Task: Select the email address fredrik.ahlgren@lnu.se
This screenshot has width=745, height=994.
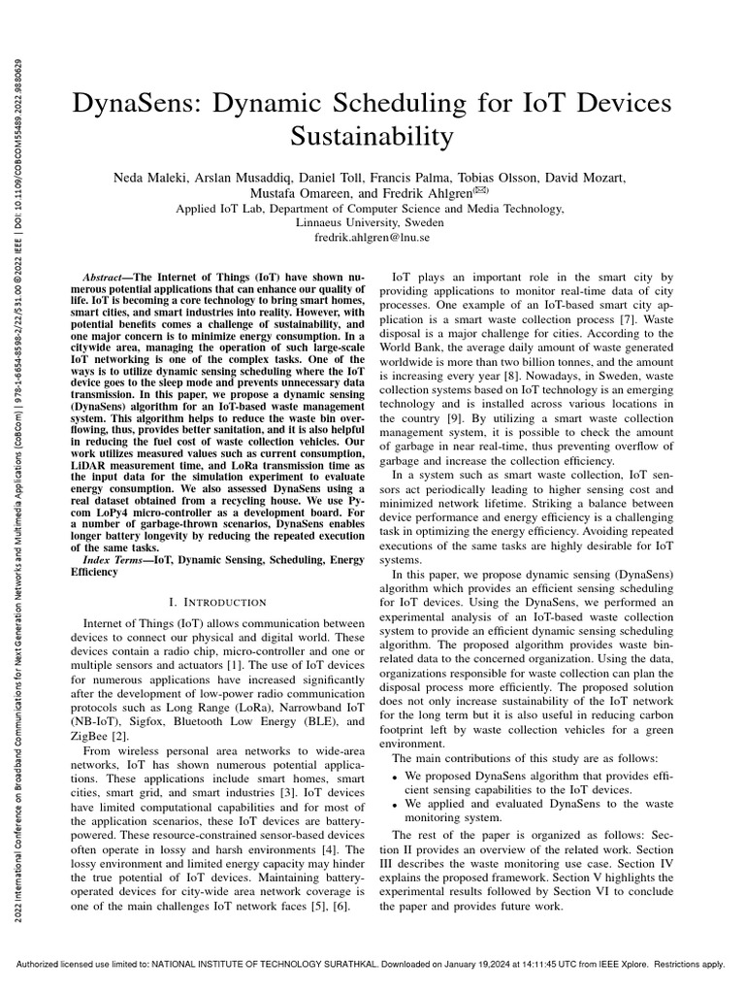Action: click(x=372, y=237)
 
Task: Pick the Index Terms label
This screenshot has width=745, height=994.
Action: click(x=112, y=560)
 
